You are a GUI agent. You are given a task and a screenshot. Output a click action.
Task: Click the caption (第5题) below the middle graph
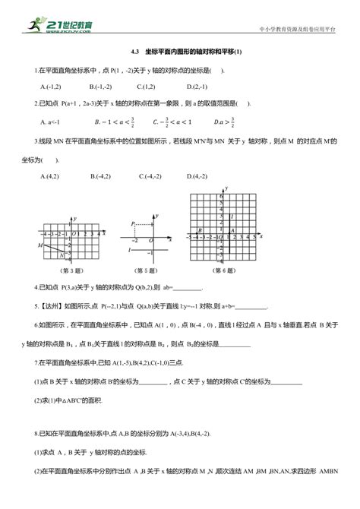pos(141,269)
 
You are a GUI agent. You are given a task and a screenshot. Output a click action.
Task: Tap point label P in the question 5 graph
pos(132,223)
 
